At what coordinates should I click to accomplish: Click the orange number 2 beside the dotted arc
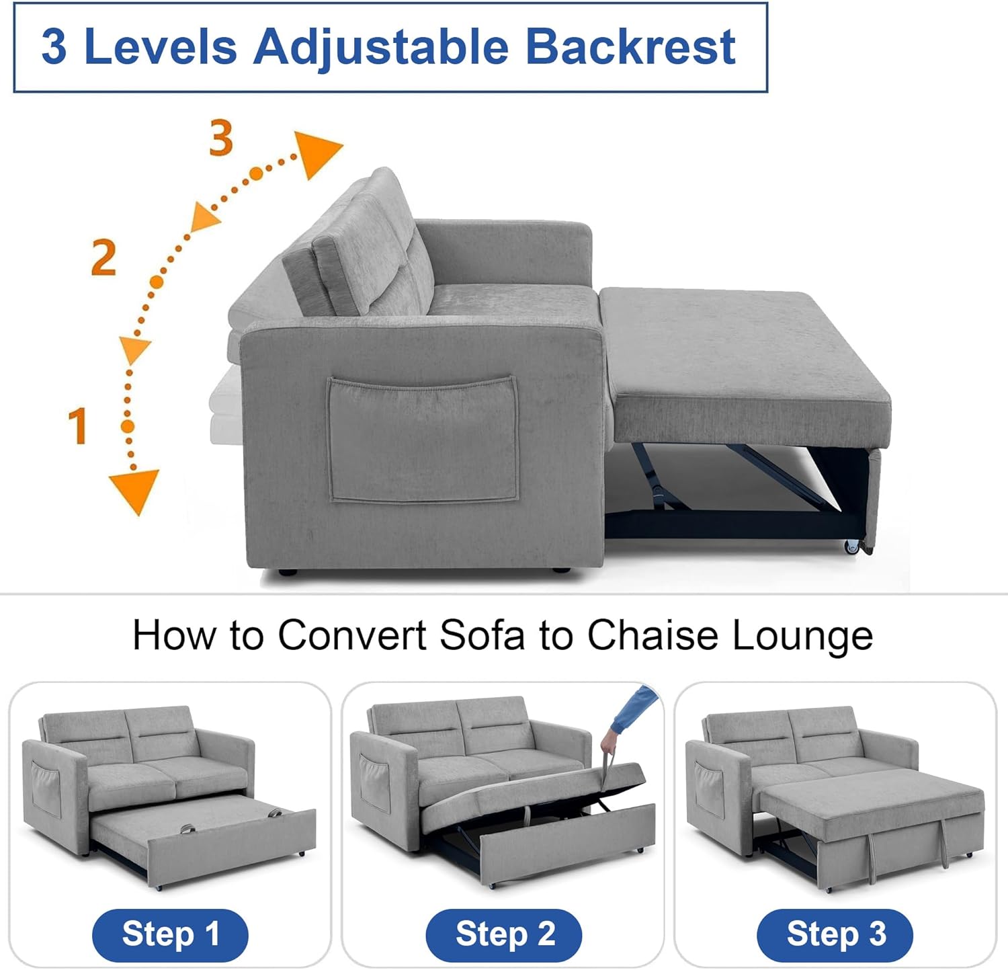[x=103, y=257]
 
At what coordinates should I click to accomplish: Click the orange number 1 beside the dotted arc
[x=78, y=426]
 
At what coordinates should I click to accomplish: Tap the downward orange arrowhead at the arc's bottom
[x=134, y=489]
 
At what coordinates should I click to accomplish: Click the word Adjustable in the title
[x=380, y=47]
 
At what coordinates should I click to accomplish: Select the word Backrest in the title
[x=630, y=47]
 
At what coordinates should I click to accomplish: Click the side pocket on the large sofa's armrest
[x=423, y=440]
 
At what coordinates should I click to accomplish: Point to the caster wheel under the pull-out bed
[x=853, y=547]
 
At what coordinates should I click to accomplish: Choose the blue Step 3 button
[x=835, y=934]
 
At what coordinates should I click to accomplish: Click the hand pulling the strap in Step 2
[x=609, y=744]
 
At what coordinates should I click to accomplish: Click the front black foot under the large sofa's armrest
[x=287, y=573]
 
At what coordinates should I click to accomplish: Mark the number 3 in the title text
[x=54, y=47]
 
